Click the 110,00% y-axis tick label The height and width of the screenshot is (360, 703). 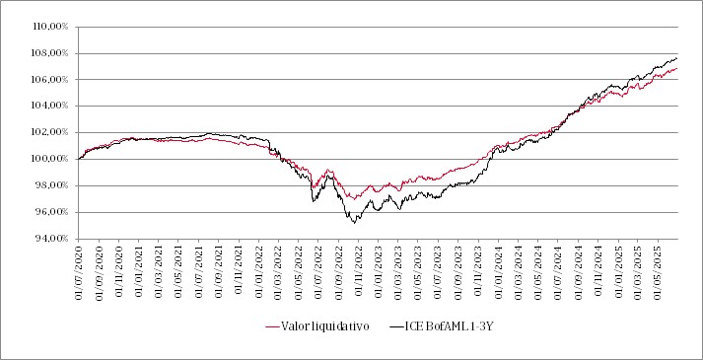(46, 26)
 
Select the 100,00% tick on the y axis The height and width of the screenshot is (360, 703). (46, 158)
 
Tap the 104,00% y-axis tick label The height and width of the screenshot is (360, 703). (46, 106)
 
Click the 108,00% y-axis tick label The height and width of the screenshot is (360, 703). (46, 52)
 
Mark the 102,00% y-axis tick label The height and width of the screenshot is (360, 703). (46, 132)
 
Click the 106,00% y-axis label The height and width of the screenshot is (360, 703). (46, 79)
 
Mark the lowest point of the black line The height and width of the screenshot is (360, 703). (355, 222)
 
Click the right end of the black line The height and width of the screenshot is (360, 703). (677, 58)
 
